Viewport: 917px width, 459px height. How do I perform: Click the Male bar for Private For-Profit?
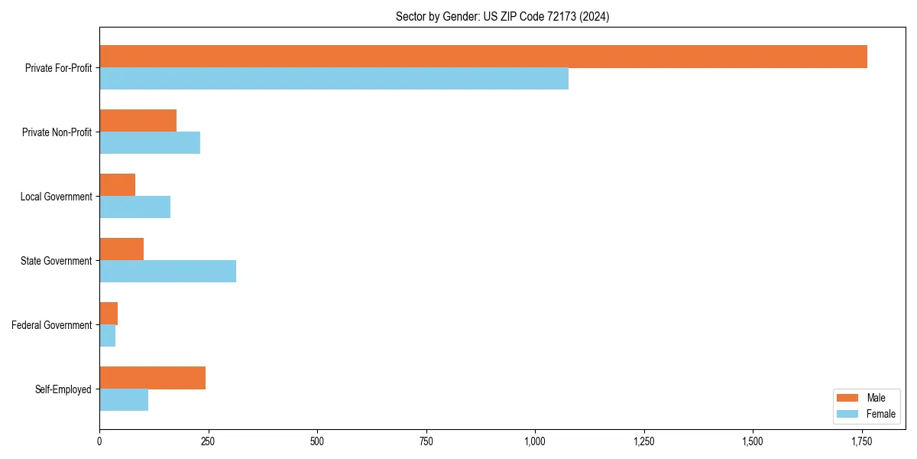pos(483,57)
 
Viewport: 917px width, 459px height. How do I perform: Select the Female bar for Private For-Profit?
pos(334,79)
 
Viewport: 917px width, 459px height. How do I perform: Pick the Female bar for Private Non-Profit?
pos(150,143)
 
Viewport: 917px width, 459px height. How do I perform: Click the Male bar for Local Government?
pos(117,185)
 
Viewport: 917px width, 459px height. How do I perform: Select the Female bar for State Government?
pos(167,272)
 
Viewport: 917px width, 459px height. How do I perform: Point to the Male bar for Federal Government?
pos(109,314)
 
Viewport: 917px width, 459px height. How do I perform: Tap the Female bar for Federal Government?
pos(107,336)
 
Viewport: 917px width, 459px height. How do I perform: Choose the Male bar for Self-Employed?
pos(152,378)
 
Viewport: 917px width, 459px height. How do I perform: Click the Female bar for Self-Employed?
pos(124,400)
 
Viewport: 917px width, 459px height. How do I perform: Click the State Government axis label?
pos(56,261)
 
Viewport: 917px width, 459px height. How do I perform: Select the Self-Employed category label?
pos(63,389)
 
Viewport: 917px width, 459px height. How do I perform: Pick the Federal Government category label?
pos(52,325)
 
